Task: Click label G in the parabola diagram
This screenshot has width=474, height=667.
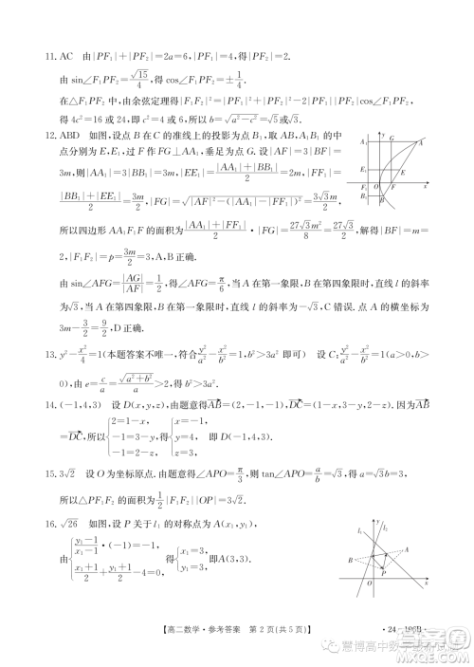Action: point(392,139)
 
